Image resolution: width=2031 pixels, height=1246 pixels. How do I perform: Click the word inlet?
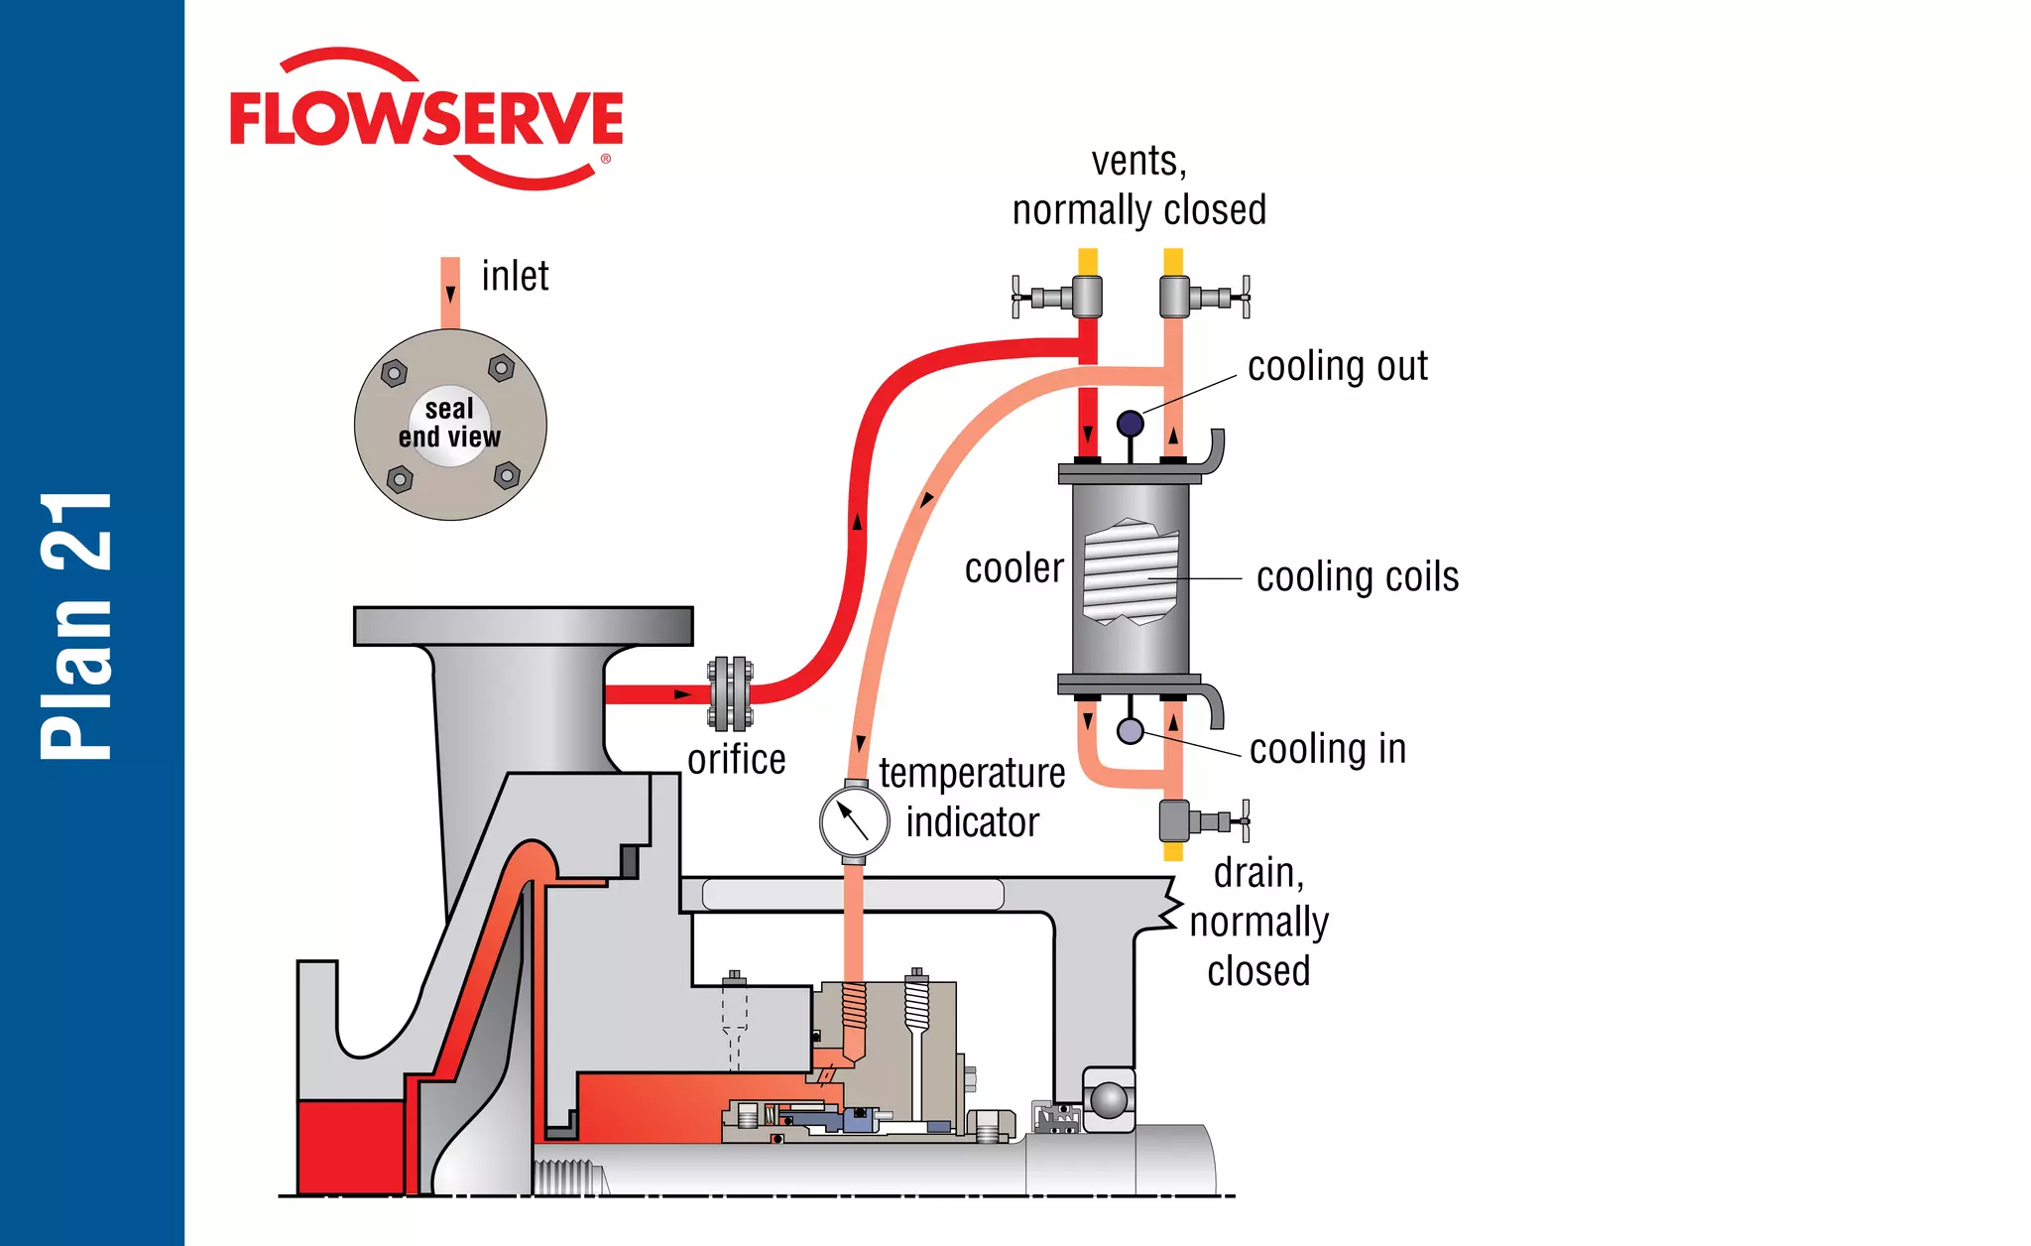(x=515, y=276)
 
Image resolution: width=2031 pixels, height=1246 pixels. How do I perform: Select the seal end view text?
(x=449, y=424)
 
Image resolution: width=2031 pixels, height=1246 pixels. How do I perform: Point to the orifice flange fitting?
(x=731, y=693)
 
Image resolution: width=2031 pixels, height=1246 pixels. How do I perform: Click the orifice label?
(x=736, y=760)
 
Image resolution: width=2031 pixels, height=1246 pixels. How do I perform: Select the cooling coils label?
(x=1357, y=577)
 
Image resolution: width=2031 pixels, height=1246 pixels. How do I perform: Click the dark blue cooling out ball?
(x=1130, y=424)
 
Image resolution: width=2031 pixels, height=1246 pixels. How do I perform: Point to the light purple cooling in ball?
(x=1130, y=731)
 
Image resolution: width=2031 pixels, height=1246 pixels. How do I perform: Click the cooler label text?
(x=1014, y=569)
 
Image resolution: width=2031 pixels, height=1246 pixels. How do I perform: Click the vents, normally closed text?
(x=1138, y=187)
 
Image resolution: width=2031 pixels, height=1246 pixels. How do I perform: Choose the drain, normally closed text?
(x=1257, y=922)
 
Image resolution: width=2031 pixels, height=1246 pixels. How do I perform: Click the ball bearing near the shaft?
(x=1108, y=1100)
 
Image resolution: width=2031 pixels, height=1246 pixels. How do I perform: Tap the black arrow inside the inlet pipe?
(x=450, y=294)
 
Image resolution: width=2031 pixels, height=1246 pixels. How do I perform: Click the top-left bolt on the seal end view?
(x=395, y=374)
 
